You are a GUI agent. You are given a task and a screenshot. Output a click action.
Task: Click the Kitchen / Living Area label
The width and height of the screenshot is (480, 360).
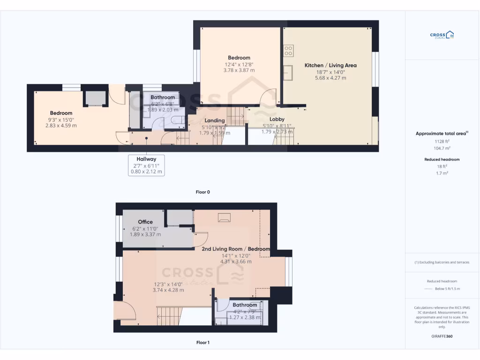point(330,65)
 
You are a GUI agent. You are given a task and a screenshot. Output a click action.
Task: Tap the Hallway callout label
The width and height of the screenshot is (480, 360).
point(146,159)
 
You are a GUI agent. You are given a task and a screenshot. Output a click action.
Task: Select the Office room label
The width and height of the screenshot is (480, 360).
point(145,222)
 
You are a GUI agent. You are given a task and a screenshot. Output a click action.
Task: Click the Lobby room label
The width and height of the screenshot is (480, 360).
point(277,119)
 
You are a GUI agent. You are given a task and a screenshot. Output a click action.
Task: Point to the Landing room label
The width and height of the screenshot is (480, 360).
point(215,120)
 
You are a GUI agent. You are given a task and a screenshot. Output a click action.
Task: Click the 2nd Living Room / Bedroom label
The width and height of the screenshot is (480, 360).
point(236,249)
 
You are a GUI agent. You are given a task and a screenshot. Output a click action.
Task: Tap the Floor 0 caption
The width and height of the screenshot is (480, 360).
point(203,192)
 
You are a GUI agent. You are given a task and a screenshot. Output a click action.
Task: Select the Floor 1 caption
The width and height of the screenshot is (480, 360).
point(203,343)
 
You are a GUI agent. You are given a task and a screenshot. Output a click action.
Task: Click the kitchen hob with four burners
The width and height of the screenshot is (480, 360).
point(288,50)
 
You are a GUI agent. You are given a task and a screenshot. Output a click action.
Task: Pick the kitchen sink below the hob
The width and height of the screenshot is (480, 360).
point(288,72)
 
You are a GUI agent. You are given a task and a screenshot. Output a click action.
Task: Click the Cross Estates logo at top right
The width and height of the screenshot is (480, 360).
point(442,35)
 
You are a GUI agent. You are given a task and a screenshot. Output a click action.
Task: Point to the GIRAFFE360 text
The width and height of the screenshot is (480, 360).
point(442,336)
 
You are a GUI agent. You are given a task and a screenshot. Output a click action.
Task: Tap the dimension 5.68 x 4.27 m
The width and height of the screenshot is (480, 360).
point(330,78)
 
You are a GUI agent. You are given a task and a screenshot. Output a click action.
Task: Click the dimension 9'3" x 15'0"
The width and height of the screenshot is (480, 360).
point(61,120)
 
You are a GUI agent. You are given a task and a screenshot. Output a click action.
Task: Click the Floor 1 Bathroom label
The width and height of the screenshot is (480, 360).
point(245,305)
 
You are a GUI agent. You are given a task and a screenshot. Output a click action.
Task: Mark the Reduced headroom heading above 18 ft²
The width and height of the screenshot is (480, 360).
point(442,159)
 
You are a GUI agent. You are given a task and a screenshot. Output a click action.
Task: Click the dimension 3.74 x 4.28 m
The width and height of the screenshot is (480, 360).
point(168,290)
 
